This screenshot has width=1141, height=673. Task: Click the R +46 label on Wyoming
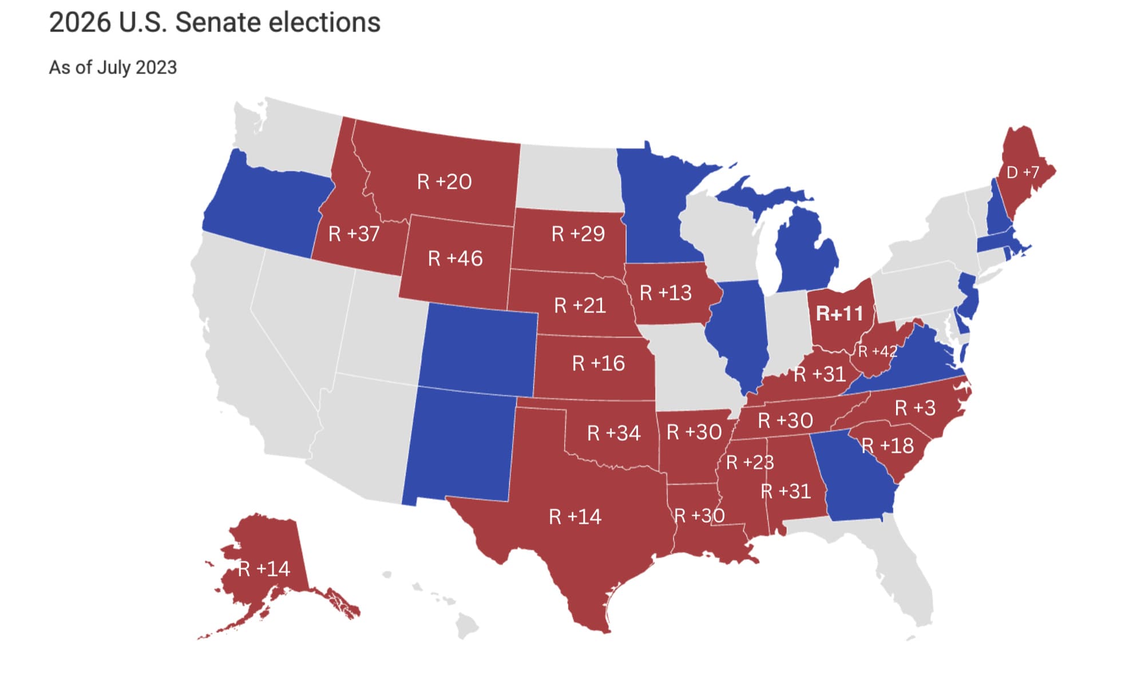pyautogui.click(x=455, y=259)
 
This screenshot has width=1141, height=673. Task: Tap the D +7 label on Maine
pyautogui.click(x=1022, y=172)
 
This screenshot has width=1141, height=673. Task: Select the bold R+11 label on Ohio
pyautogui.click(x=839, y=314)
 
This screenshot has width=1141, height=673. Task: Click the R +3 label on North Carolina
pyautogui.click(x=915, y=408)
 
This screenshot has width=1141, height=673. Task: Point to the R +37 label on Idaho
pyautogui.click(x=354, y=234)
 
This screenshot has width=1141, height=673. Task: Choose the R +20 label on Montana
pyautogui.click(x=444, y=182)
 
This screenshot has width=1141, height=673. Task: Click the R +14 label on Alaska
pyautogui.click(x=264, y=569)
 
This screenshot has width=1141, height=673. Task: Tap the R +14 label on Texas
pyautogui.click(x=575, y=517)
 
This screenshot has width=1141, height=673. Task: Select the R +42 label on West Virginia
pyautogui.click(x=877, y=351)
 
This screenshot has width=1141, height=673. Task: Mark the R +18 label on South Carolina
pyautogui.click(x=888, y=446)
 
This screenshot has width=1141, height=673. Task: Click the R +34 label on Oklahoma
pyautogui.click(x=613, y=433)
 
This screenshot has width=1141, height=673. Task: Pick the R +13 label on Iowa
pyautogui.click(x=665, y=293)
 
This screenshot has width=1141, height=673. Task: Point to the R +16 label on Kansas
pyautogui.click(x=598, y=363)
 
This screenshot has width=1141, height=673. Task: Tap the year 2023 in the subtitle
pyautogui.click(x=156, y=68)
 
